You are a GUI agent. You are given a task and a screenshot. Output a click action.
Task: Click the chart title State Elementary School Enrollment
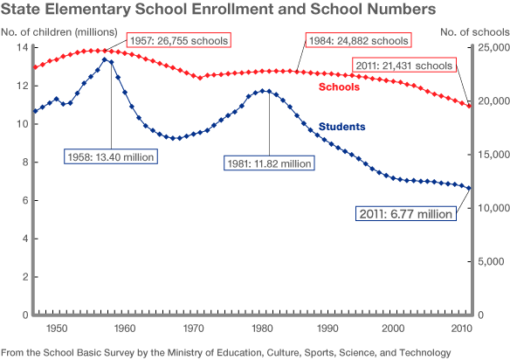pos(218,10)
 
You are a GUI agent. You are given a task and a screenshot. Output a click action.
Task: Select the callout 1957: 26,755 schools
pos(178,40)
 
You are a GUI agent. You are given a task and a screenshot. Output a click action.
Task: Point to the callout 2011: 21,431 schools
pos(404,65)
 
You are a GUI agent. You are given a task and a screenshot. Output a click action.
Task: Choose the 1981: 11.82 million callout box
pos(270,162)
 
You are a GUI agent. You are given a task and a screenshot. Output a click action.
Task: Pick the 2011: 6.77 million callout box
pos(406,212)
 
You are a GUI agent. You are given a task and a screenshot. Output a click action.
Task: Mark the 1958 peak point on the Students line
pos(105,59)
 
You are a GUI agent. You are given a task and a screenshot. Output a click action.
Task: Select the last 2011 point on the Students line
pos(470,188)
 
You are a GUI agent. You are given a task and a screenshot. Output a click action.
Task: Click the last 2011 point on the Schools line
pos(470,106)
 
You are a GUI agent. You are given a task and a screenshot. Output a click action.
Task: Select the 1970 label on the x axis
pos(191,328)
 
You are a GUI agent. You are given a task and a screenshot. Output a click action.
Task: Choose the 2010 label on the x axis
pos(462,328)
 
